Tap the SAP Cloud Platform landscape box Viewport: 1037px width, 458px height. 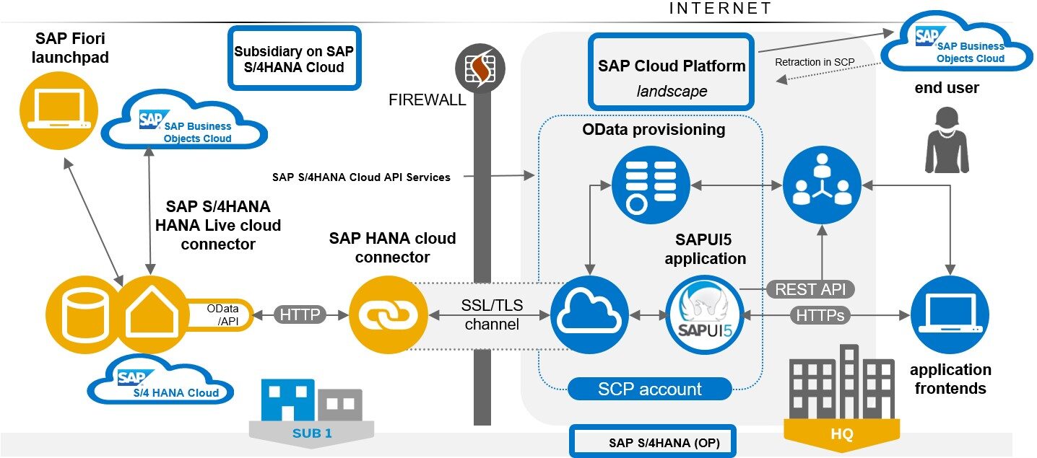(672, 71)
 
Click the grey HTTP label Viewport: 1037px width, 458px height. (300, 314)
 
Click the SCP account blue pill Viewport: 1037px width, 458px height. (650, 389)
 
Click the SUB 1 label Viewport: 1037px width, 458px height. (312, 434)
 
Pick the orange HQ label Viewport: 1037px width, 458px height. (842, 434)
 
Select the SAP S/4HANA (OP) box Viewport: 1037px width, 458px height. (653, 441)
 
